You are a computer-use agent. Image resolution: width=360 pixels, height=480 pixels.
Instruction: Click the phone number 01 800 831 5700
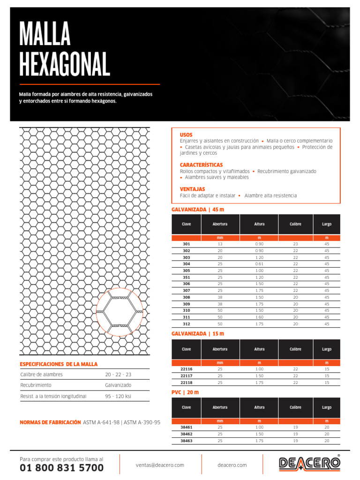pyautogui.click(x=62, y=468)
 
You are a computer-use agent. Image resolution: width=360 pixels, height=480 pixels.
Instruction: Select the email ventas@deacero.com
pyautogui.click(x=160, y=465)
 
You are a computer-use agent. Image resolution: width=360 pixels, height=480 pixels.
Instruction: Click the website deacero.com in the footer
pyautogui.click(x=232, y=465)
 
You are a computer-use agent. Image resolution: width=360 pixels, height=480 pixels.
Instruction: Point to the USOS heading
pyautogui.click(x=186, y=135)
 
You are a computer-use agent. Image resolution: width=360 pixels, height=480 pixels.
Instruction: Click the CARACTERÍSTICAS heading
pyautogui.click(x=201, y=165)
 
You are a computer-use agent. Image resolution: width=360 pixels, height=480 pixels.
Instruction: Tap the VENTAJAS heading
pyautogui.click(x=192, y=189)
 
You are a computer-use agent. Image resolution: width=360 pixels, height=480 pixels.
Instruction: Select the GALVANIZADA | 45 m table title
pyautogui.click(x=198, y=209)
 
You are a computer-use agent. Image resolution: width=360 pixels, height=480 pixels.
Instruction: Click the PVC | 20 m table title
pyautogui.click(x=185, y=392)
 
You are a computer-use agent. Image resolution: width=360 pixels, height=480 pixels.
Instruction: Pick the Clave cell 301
pyautogui.click(x=187, y=244)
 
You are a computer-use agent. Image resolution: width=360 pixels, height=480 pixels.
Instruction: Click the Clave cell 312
pyautogui.click(x=187, y=324)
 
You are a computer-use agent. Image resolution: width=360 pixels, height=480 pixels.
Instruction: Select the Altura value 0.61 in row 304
pyautogui.click(x=259, y=264)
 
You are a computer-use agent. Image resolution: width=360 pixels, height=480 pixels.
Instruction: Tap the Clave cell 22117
pyautogui.click(x=187, y=376)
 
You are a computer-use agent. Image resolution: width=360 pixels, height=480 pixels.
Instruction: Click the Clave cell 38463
pyautogui.click(x=187, y=441)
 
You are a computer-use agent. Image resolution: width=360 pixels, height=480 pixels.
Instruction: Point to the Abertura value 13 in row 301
pyautogui.click(x=220, y=244)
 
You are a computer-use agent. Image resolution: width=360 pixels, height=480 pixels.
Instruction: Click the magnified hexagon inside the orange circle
pyautogui.click(x=120, y=312)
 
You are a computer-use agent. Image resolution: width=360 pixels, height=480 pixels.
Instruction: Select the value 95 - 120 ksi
pyautogui.click(x=118, y=396)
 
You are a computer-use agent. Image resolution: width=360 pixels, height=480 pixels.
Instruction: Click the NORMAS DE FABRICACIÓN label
pyautogui.click(x=50, y=422)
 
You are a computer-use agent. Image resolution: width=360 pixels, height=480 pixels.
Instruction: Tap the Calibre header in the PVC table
pyautogui.click(x=295, y=407)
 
